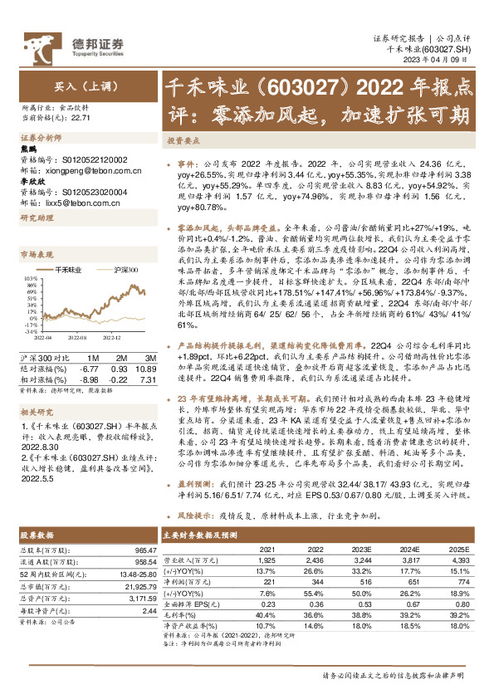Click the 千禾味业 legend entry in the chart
[x=68, y=271]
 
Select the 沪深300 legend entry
[x=125, y=271]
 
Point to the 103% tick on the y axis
[x=27, y=279]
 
